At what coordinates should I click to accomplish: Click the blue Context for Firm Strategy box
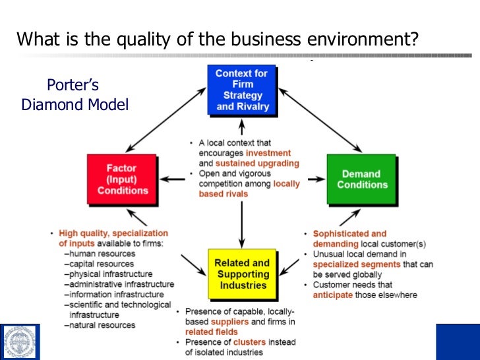pos(242,90)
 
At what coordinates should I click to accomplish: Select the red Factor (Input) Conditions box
pos(123,179)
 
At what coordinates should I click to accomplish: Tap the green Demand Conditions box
pos(361,179)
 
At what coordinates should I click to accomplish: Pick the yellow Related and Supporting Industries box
pos(242,274)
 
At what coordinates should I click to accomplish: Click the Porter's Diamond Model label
pos(74,95)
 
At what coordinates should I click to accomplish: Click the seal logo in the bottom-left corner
pos(20,342)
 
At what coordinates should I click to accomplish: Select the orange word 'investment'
pos(273,153)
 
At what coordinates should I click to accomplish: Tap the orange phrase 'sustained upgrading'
pos(257,163)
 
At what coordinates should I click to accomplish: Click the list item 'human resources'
pos(102,253)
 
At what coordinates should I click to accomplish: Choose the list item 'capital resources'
pos(101,263)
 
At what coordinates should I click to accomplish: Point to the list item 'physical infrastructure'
pos(110,274)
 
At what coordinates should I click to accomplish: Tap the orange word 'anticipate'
pos(334,295)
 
